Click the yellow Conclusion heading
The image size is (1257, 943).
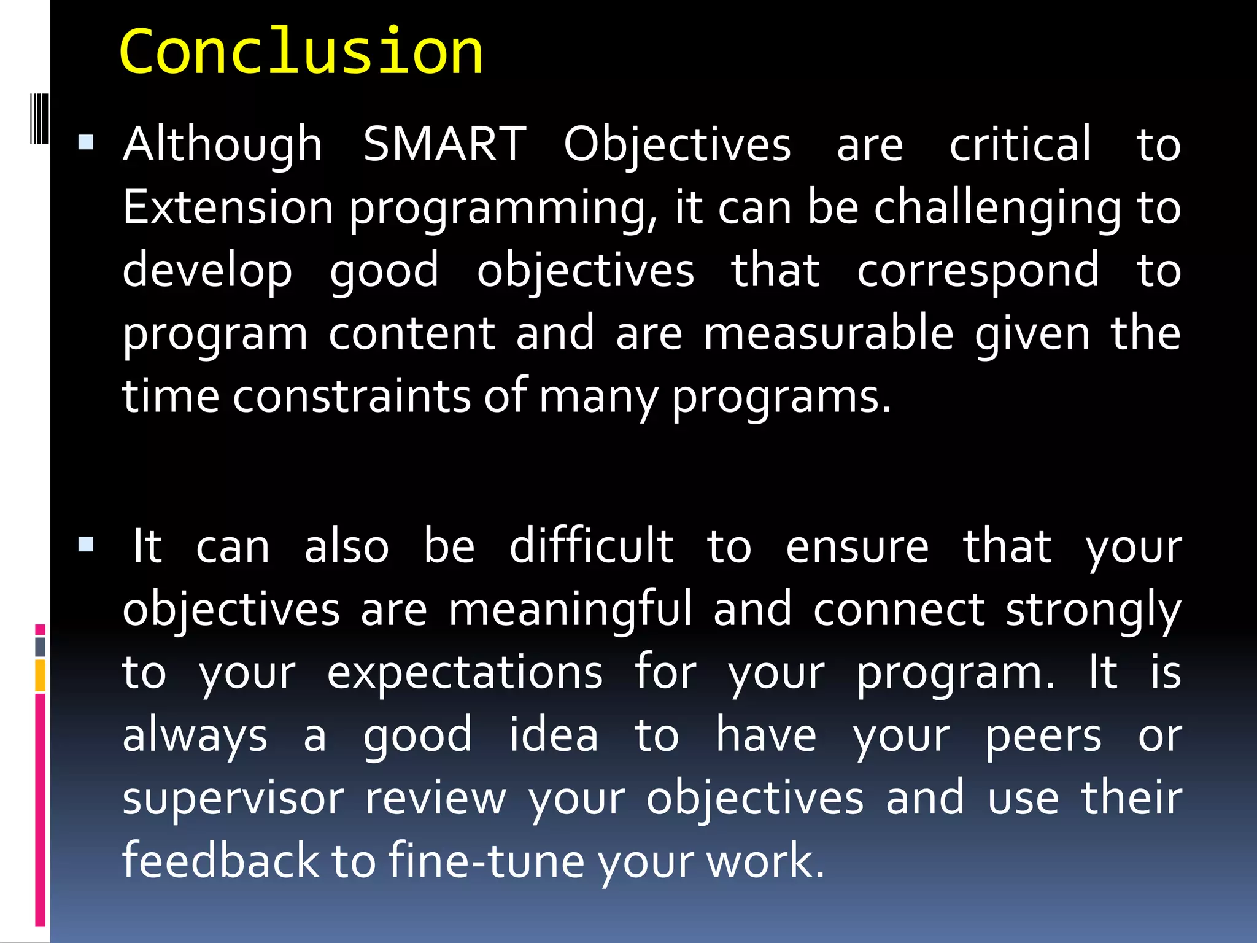tap(301, 52)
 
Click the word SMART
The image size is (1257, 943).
tap(444, 145)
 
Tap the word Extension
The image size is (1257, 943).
tap(228, 208)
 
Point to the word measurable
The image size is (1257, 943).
tap(828, 333)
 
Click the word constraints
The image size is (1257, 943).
tap(351, 396)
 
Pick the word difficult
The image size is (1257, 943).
tap(591, 546)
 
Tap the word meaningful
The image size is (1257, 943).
tap(570, 610)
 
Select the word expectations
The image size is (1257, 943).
tap(465, 673)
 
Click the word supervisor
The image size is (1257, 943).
tap(233, 797)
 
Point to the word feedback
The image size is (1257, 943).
tap(220, 860)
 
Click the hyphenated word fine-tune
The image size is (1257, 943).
tap(486, 860)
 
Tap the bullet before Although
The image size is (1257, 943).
tap(86, 144)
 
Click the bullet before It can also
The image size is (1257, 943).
tap(86, 545)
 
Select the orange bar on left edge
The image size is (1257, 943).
tap(41, 675)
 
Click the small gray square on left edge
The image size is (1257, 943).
tap(41, 646)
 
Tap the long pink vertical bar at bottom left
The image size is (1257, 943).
tap(41, 810)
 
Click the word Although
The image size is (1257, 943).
tap(222, 145)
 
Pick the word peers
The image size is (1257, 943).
tap(1043, 735)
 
